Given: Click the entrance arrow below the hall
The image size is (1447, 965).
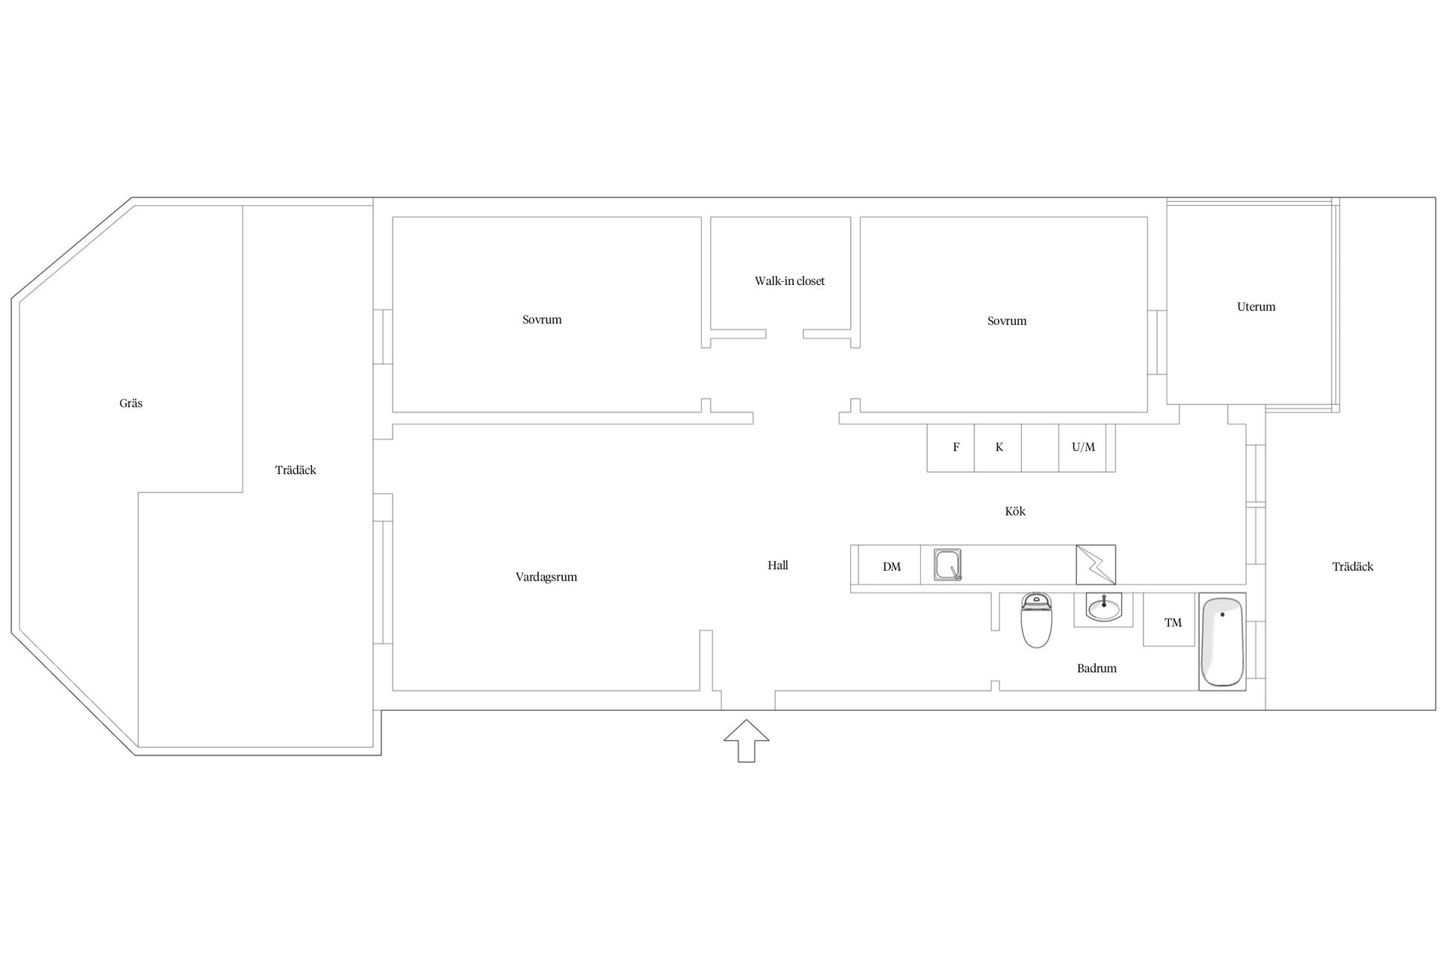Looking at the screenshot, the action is pyautogui.click(x=746, y=740).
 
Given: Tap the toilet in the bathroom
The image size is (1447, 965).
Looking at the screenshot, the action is pyautogui.click(x=1036, y=620).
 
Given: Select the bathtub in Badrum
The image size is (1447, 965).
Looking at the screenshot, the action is pyautogui.click(x=1222, y=642).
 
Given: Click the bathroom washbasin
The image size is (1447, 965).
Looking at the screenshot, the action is pyautogui.click(x=1103, y=608).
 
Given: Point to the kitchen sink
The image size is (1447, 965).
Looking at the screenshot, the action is pyautogui.click(x=948, y=565).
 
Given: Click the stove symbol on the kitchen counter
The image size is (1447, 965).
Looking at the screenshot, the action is pyautogui.click(x=1096, y=565).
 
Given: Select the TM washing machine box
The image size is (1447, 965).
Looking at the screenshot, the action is pyautogui.click(x=1170, y=620).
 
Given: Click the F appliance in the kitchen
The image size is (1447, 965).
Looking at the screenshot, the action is pyautogui.click(x=951, y=448).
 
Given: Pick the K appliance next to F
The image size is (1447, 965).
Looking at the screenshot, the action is pyautogui.click(x=998, y=448).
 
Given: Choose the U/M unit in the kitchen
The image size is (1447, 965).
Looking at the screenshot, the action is pyautogui.click(x=1083, y=448).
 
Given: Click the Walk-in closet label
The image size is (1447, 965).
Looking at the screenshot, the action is pyautogui.click(x=790, y=281).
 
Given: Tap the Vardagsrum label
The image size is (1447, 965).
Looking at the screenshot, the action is pyautogui.click(x=546, y=577).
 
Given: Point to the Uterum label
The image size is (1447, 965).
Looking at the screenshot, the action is pyautogui.click(x=1256, y=307).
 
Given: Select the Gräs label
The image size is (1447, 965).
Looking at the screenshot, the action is pyautogui.click(x=131, y=403).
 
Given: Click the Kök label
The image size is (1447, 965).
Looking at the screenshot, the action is pyautogui.click(x=1015, y=511).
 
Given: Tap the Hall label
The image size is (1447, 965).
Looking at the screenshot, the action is pyautogui.click(x=778, y=565).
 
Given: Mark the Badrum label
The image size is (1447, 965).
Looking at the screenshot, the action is pyautogui.click(x=1097, y=668).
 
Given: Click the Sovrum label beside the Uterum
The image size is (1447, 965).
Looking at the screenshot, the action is pyautogui.click(x=1007, y=321).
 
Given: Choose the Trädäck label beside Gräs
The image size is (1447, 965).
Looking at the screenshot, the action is pyautogui.click(x=295, y=470).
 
